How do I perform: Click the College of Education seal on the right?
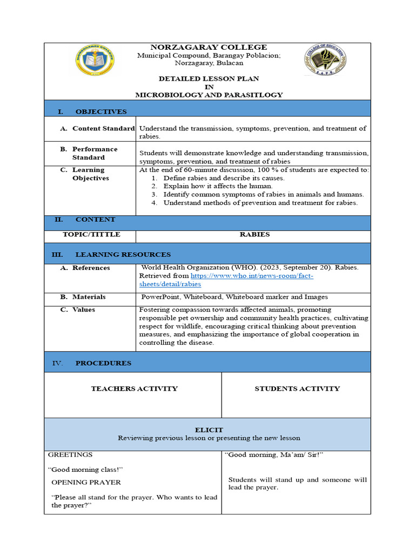(x=325, y=61)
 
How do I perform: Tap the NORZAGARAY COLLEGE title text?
(x=209, y=47)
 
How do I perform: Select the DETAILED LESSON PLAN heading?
(x=209, y=78)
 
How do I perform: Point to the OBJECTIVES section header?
(x=101, y=111)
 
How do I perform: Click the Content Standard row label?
(x=103, y=129)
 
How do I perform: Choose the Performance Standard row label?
(x=95, y=153)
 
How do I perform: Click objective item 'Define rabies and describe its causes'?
(x=224, y=178)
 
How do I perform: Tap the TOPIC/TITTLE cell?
(x=91, y=235)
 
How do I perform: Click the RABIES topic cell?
(x=254, y=235)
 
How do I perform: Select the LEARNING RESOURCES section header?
(x=123, y=254)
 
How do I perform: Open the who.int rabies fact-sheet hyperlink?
(x=252, y=276)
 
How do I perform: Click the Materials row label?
(x=89, y=297)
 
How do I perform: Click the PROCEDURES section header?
(x=103, y=363)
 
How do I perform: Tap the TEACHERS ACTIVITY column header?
(x=134, y=388)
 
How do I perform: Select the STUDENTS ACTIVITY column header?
(x=297, y=388)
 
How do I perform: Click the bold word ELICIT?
(x=209, y=430)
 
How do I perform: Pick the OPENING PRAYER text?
(x=86, y=482)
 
